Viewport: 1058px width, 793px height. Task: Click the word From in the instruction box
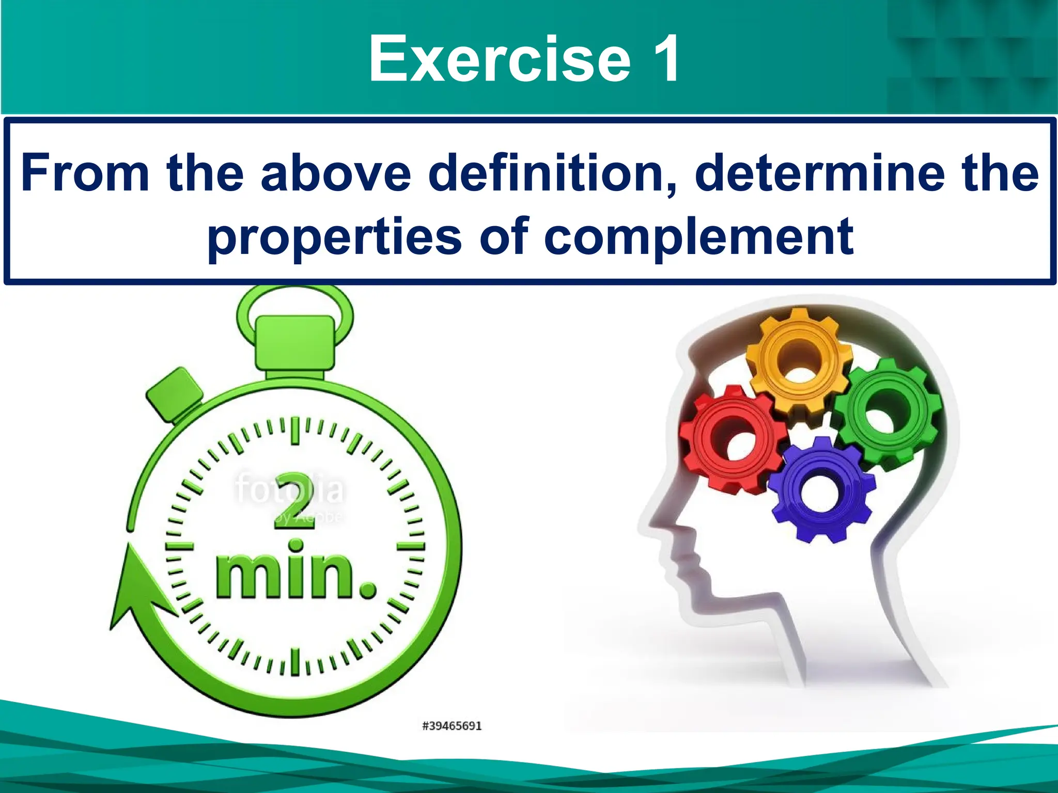pyautogui.click(x=85, y=172)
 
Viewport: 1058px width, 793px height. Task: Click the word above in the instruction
pyautogui.click(x=336, y=172)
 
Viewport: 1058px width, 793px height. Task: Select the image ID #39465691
pyautogui.click(x=452, y=726)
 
